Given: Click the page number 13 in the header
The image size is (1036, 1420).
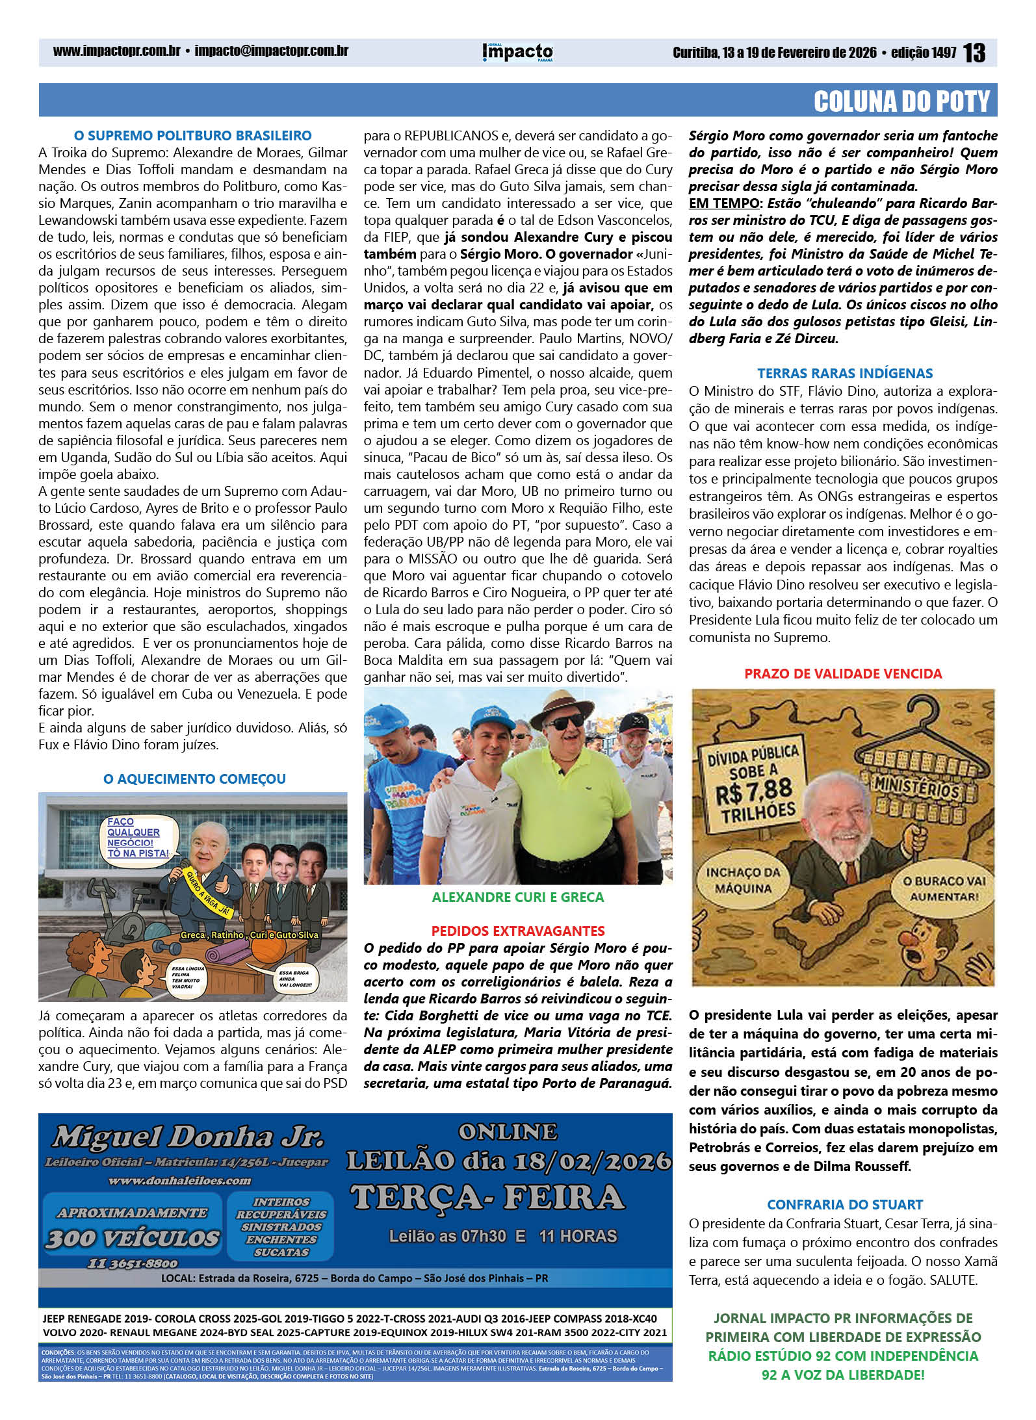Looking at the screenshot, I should click(974, 53).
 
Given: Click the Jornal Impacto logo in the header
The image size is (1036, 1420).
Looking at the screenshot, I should click(517, 52).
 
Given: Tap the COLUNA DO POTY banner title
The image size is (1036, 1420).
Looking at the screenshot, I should click(901, 101).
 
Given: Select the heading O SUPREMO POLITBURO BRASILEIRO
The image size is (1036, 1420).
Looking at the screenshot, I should click(193, 136).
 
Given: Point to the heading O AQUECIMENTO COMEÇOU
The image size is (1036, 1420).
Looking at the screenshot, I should click(194, 779).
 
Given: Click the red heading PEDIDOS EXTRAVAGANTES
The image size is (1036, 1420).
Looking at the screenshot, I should click(518, 931).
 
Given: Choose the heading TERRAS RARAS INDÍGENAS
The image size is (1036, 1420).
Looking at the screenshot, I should click(845, 373).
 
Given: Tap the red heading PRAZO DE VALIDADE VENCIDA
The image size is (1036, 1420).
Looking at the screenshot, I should click(843, 673).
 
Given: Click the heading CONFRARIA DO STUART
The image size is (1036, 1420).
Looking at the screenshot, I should click(845, 1204).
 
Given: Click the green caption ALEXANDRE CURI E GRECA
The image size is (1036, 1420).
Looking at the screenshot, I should click(518, 897).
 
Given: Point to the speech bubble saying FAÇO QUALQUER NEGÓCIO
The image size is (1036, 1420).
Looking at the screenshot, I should click(138, 837).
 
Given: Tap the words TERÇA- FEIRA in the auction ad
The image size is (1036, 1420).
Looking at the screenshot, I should click(487, 1197).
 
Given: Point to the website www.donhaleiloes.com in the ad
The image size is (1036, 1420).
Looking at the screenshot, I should click(179, 1180).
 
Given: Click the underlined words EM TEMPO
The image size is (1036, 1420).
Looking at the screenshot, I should click(723, 203).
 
